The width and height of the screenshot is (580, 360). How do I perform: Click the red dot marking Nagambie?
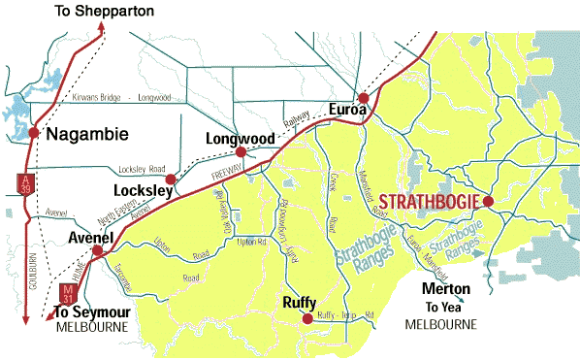[34, 132]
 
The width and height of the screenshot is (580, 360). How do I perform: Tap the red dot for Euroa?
[363, 98]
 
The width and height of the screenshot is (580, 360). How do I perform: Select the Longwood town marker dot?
[241, 152]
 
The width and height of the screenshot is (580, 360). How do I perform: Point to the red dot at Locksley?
[171, 179]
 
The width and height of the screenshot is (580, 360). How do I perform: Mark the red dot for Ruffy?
[307, 318]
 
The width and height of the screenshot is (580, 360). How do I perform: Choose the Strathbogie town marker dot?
[489, 201]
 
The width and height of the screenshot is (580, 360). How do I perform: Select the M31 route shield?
[67, 291]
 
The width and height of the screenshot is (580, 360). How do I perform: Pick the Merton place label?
[447, 289]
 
